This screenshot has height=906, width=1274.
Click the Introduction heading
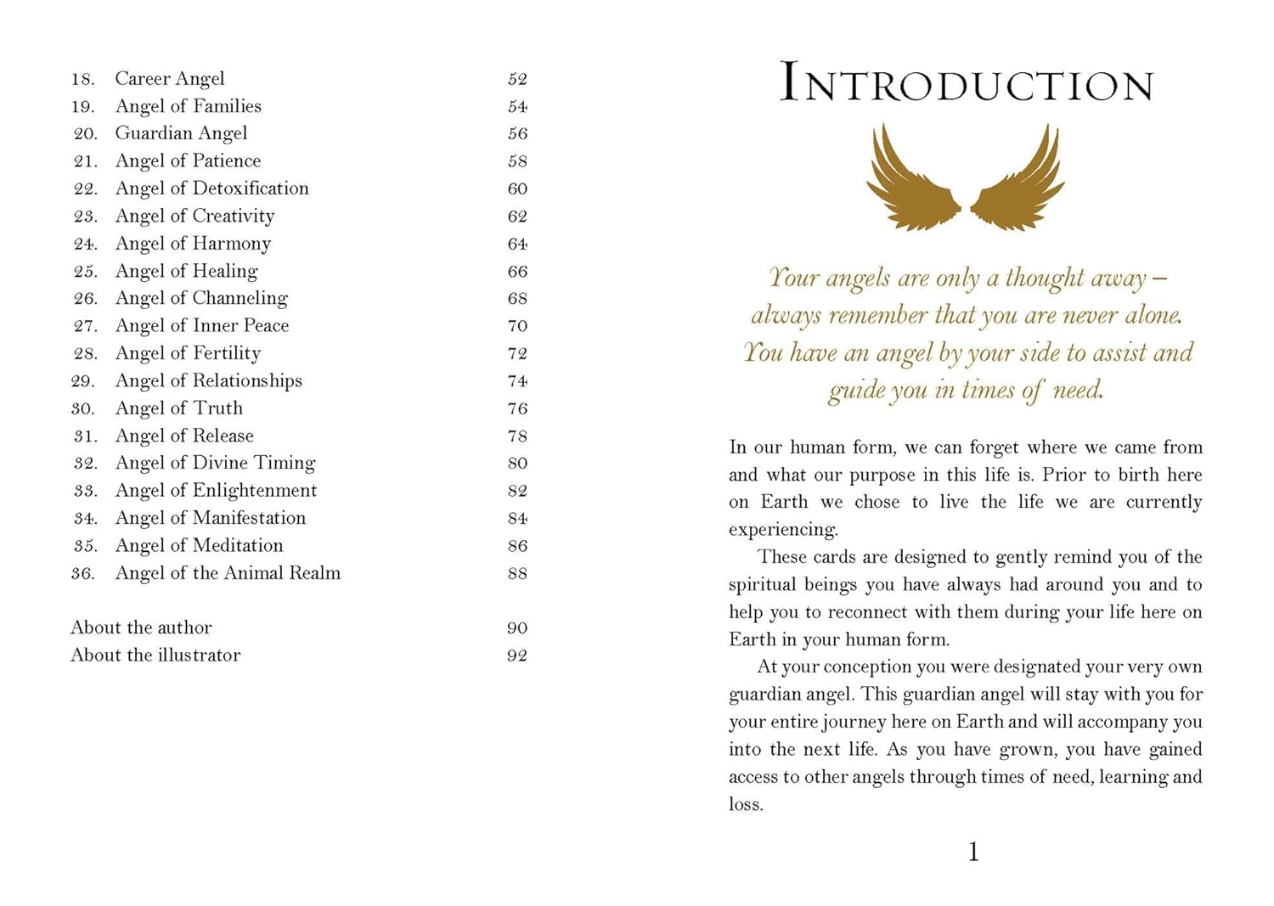[966, 83]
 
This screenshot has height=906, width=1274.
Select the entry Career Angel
[170, 79]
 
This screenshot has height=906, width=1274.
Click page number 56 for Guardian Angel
[517, 133]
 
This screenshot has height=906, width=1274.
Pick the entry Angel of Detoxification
[211, 189]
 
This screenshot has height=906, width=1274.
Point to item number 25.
[85, 272]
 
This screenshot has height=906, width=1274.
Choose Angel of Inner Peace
[202, 326]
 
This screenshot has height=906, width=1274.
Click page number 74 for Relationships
[517, 381]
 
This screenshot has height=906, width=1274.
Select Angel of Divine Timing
[215, 463]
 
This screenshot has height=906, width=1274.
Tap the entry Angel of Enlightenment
[216, 491]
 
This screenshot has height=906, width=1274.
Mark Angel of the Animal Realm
[228, 573]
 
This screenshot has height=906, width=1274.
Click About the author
[141, 627]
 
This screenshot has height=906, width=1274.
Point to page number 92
[517, 656]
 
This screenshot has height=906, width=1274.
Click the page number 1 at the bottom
[973, 852]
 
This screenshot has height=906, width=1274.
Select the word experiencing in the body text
[782, 530]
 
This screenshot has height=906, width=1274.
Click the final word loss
[745, 804]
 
